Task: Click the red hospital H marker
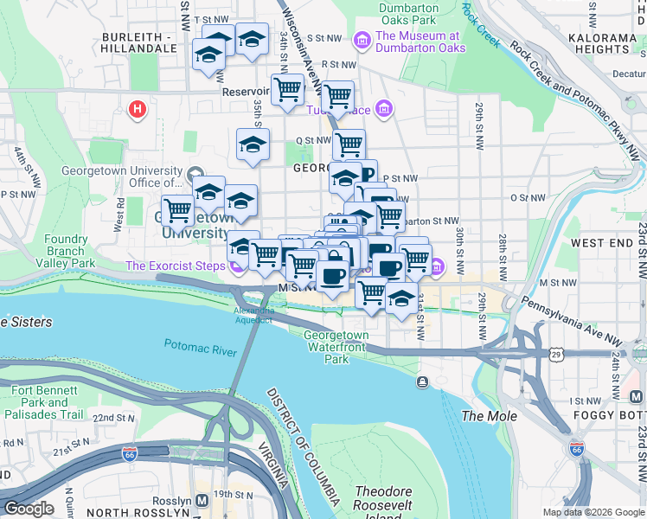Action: click(137, 110)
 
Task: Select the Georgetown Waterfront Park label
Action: click(336, 346)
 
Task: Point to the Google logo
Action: click(29, 509)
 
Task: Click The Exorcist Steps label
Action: click(175, 265)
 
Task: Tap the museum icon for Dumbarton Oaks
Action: click(362, 40)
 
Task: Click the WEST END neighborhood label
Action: click(602, 243)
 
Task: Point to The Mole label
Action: click(490, 416)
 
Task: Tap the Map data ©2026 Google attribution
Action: click(593, 512)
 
